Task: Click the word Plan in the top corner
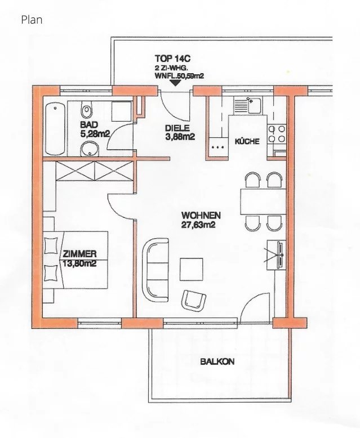(x=32, y=20)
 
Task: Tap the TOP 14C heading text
(x=173, y=59)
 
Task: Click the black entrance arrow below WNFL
(x=175, y=83)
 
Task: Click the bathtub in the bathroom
(x=55, y=129)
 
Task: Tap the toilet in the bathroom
(x=87, y=110)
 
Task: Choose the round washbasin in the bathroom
(x=89, y=149)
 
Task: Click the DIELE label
(x=177, y=128)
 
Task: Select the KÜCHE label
(x=247, y=141)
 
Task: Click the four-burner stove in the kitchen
(x=277, y=134)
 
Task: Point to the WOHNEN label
(x=201, y=216)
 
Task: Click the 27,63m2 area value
(x=198, y=225)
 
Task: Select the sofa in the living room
(x=155, y=270)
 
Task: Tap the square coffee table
(x=191, y=269)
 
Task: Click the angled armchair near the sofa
(x=193, y=300)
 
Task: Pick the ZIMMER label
(x=79, y=254)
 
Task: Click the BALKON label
(x=217, y=362)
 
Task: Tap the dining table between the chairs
(x=263, y=202)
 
